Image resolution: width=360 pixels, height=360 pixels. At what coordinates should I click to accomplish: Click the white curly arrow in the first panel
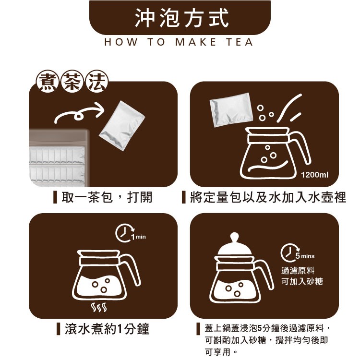pos(79,113)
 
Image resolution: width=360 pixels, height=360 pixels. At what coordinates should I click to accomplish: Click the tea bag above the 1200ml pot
pos(231,110)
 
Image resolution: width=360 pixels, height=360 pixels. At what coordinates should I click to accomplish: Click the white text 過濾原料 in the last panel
pos(298,270)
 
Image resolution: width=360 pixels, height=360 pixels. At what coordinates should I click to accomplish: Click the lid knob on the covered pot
pos(235,238)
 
